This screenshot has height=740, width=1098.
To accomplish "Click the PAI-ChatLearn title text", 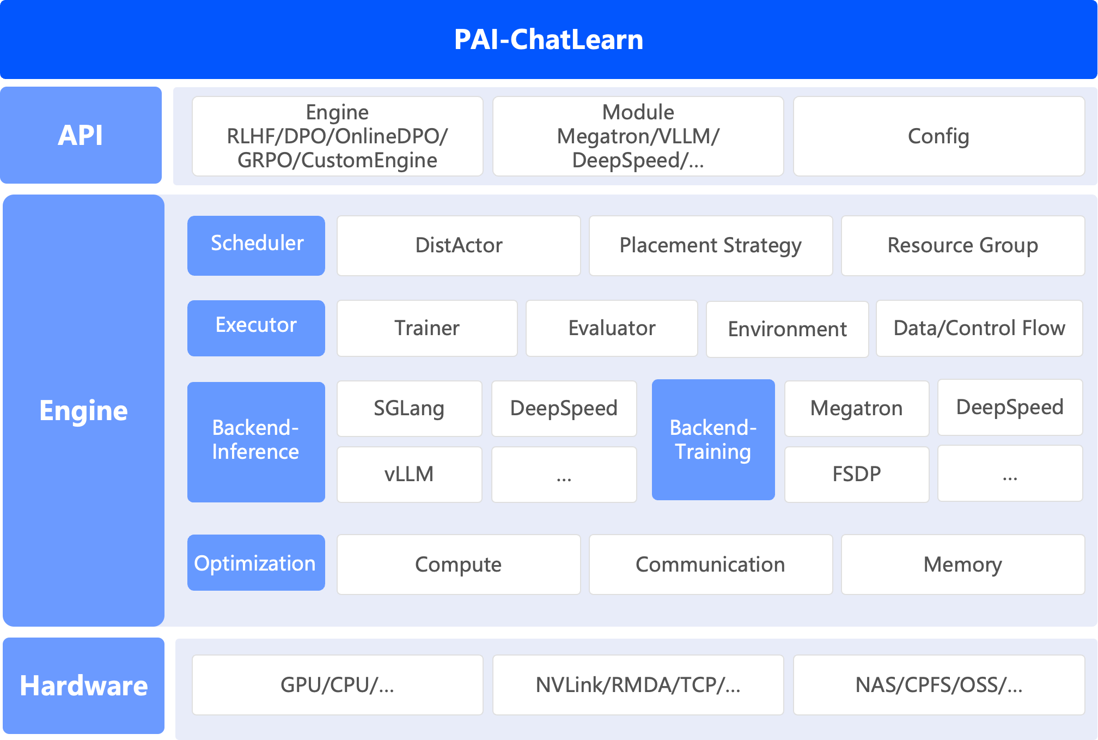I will (x=548, y=40).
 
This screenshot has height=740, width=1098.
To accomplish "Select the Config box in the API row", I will (x=938, y=136).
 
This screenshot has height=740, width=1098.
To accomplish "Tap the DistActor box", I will (x=459, y=245).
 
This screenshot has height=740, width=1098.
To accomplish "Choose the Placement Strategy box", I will (x=710, y=245).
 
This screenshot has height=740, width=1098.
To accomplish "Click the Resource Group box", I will (x=962, y=245).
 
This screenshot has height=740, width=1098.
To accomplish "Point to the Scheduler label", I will (x=257, y=244).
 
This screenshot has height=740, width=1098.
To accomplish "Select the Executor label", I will (x=257, y=326).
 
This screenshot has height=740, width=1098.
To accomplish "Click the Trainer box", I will (x=427, y=328).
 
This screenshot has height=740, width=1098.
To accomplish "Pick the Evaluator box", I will (x=612, y=328).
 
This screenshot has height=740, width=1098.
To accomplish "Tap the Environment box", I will (x=787, y=329).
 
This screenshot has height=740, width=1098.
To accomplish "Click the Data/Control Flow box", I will (x=979, y=328).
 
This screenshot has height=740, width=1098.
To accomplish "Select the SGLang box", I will (x=409, y=408).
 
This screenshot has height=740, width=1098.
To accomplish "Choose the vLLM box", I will (x=409, y=474).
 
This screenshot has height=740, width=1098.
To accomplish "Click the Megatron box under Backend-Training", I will (x=856, y=408).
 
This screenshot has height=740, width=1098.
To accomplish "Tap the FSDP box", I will (x=856, y=474).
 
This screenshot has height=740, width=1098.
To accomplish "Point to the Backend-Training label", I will (x=713, y=440).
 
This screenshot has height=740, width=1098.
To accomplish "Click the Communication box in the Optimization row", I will (x=710, y=565).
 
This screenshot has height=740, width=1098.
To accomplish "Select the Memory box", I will (x=962, y=565).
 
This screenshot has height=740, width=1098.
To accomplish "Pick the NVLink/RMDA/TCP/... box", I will (x=638, y=685).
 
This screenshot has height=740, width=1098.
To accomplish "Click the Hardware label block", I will (x=83, y=686).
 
